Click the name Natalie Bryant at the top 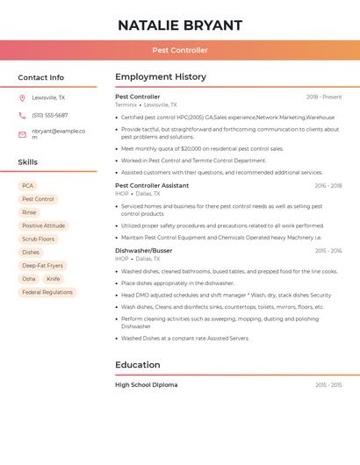click(180, 25)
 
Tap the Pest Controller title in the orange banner click(180, 51)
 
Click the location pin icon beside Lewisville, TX click(22, 98)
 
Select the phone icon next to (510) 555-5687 click(22, 115)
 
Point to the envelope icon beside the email click(22, 134)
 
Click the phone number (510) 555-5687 click(50, 115)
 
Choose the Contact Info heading click(41, 77)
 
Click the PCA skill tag click(28, 186)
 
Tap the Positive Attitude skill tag click(43, 225)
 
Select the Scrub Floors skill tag click(39, 239)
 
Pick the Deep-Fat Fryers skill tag click(42, 265)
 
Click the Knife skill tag click(54, 279)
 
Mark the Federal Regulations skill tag click(47, 292)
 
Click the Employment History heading click(161, 77)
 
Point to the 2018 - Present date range click(324, 97)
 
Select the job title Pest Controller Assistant click(152, 185)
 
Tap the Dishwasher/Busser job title click(144, 251)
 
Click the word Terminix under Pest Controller click(126, 104)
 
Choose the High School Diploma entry click(146, 385)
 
